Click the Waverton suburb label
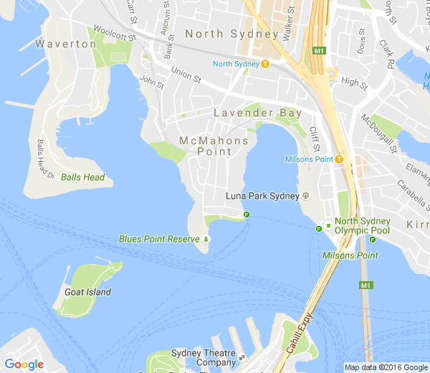tap(70, 44)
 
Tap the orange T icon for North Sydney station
tap(265, 64)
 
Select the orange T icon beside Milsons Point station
tap(338, 159)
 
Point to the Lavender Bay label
tap(254, 113)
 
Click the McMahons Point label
tap(214, 146)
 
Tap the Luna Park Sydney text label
tap(262, 196)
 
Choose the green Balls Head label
tap(82, 177)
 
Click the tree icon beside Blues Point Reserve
tap(206, 239)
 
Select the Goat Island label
tap(87, 292)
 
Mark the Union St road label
tap(186, 74)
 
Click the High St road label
tap(354, 83)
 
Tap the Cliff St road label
tap(313, 138)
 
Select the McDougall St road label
tap(379, 133)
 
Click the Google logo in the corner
tap(24, 364)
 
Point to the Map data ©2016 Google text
tap(386, 367)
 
